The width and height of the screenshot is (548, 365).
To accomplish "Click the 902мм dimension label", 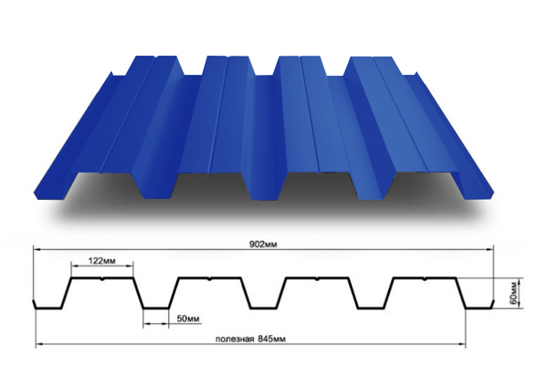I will point(266,245).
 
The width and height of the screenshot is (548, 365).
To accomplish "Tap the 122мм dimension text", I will point(102,260).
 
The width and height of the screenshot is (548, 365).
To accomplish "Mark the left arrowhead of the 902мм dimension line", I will point(37,250).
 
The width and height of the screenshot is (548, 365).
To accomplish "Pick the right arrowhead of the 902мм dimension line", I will point(493,250).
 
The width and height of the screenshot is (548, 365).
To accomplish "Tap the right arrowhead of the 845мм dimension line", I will point(462,345).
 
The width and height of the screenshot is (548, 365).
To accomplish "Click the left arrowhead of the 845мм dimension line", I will point(37,345).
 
